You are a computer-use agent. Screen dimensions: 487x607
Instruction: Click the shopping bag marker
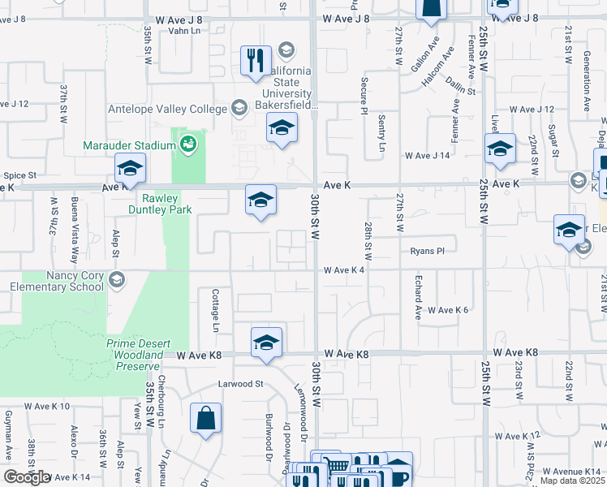205,419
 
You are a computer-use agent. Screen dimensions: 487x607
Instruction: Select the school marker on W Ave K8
265,343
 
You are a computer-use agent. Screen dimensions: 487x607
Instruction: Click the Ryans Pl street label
428,251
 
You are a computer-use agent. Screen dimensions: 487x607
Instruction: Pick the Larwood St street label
241,383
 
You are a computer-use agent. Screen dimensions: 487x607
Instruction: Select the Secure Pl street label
364,97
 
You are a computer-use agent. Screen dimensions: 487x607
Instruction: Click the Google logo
27,477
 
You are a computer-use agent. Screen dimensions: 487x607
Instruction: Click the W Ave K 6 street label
448,310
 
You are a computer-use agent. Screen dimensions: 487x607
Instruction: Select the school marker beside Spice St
129,168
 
